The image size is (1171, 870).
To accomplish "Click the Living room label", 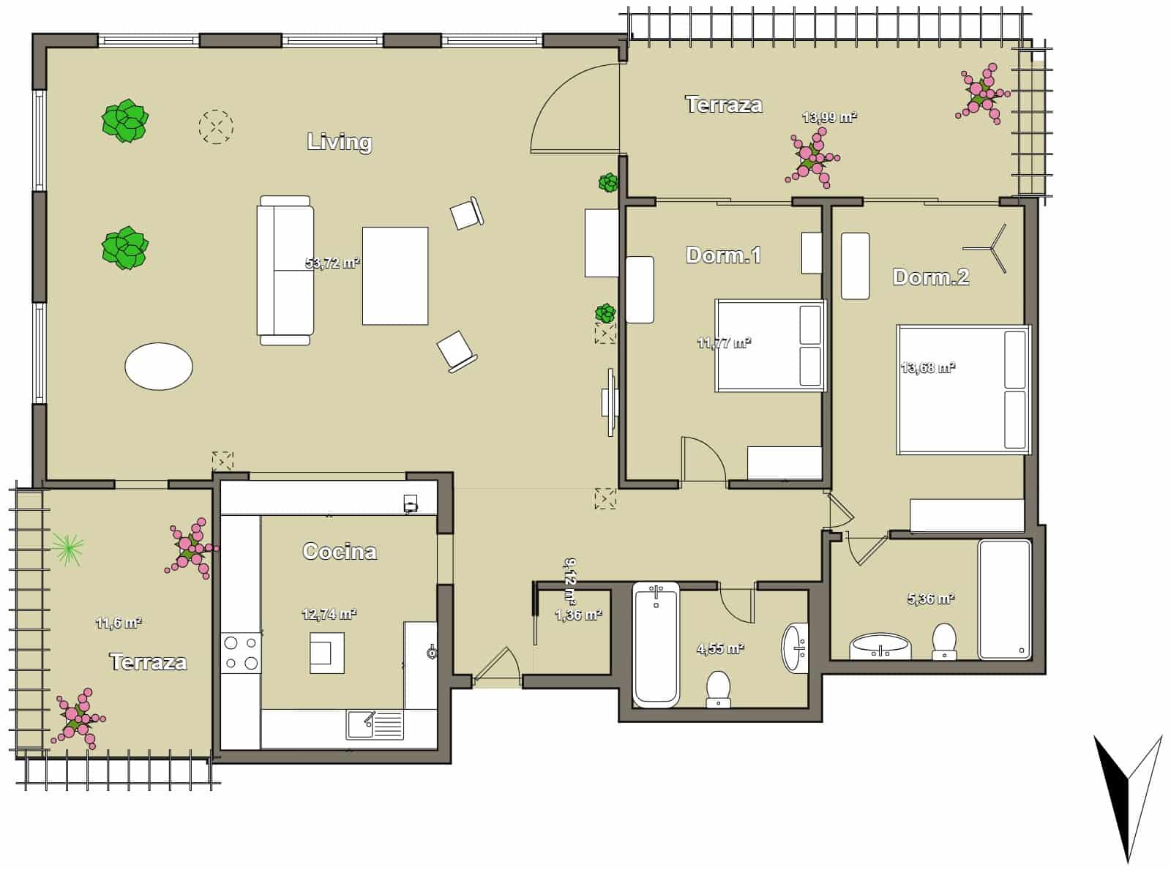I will tap(339, 141).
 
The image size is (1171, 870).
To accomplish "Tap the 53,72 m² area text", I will tap(332, 263).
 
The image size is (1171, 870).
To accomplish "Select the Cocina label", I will tap(340, 551).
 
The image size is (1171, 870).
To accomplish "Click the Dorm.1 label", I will tap(723, 255).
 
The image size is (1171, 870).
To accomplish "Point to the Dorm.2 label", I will tap(931, 277).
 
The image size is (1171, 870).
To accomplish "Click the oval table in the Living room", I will tap(159, 365).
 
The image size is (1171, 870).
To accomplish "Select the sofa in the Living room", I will tap(285, 270).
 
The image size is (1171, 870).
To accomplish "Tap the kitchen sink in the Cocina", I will tap(375, 724).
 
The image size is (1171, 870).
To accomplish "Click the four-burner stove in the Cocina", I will tap(241, 653).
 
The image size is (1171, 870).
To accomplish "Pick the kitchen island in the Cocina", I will tap(327, 653).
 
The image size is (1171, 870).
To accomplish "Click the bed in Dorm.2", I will tap(962, 389).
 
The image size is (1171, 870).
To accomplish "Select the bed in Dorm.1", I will tap(770, 345).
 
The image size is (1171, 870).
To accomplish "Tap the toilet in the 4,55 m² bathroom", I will tap(719, 690).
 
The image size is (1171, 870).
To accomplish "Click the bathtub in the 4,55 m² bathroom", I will tap(656, 644).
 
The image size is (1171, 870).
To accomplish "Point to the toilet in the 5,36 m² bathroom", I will tap(944, 641).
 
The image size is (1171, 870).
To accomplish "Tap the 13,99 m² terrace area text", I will tap(829, 117).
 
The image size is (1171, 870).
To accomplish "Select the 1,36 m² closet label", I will tap(578, 615).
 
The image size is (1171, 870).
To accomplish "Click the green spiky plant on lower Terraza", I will tap(67, 547).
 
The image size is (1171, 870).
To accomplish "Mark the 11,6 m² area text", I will tap(119, 623).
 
